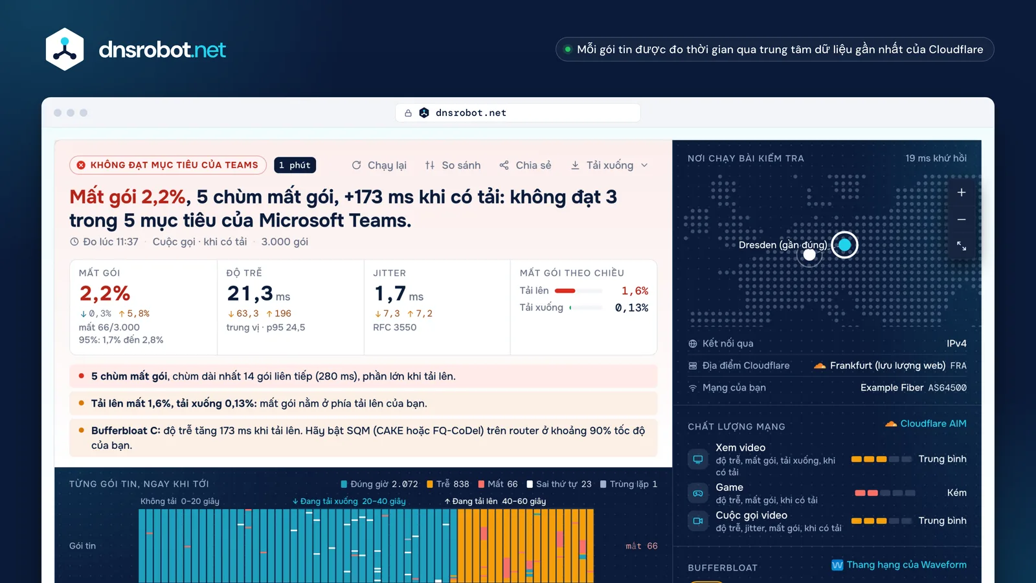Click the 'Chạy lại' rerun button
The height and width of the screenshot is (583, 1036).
click(379, 165)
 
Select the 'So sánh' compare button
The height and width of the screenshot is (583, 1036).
click(453, 165)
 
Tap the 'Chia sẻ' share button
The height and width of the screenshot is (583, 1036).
click(525, 165)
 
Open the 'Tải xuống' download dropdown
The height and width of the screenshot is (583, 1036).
click(609, 165)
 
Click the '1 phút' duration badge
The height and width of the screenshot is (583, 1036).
click(295, 165)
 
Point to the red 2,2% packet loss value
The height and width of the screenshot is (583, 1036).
click(104, 293)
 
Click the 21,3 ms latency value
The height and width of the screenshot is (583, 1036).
click(258, 293)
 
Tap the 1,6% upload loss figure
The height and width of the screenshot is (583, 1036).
click(635, 291)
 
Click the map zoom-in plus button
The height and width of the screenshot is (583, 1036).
click(961, 192)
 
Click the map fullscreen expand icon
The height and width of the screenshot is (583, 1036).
click(961, 246)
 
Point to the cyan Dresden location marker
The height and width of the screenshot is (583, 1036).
click(844, 245)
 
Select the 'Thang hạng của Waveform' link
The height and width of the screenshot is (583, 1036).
click(899, 565)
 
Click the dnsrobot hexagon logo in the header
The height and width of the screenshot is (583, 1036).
click(65, 49)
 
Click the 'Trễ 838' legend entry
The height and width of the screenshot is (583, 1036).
click(447, 484)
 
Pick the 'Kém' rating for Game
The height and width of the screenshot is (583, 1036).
click(956, 493)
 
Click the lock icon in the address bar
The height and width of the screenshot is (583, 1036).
click(408, 113)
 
